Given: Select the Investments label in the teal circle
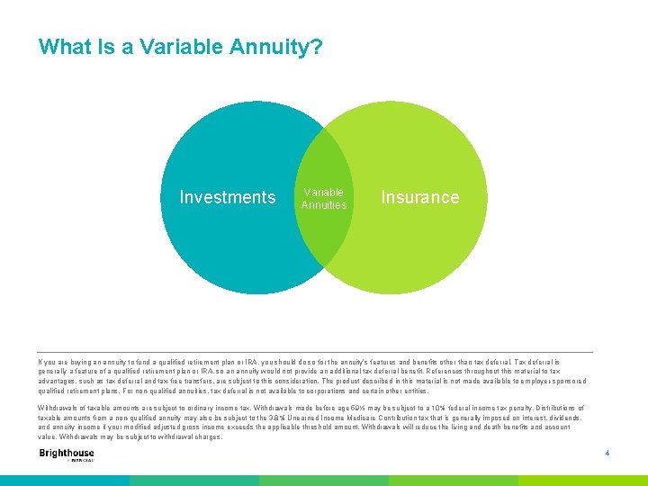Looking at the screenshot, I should coord(228,197).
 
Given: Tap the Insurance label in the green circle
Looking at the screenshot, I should coord(419,197).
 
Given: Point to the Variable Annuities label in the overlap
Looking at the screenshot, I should coord(324,199).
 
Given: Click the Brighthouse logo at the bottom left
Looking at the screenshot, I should coord(67,454).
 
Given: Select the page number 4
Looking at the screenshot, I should coord(607,453).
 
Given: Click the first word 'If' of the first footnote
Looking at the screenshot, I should coord(40,362).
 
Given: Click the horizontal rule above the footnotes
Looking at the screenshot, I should coord(315,351).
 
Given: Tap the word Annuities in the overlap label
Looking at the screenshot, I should coord(324,205).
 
